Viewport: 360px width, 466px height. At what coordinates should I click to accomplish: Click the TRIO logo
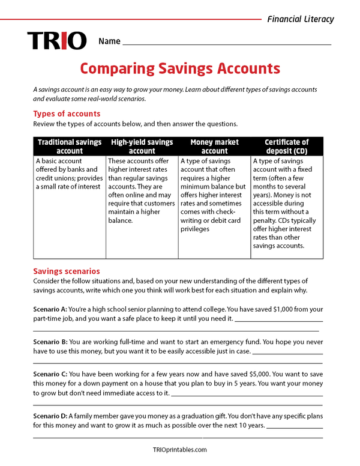[57, 41]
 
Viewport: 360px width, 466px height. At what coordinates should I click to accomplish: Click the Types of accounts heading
[67, 113]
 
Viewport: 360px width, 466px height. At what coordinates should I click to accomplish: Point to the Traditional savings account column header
[70, 147]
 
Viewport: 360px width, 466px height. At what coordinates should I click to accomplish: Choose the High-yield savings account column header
[142, 147]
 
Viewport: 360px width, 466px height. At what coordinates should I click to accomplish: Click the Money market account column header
[214, 147]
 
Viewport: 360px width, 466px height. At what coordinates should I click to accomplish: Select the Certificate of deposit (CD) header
[287, 147]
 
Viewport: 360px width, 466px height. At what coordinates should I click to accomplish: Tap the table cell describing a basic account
[70, 174]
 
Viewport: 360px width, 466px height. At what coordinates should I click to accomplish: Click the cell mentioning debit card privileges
[214, 195]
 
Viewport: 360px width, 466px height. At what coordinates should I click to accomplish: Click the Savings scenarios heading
[67, 271]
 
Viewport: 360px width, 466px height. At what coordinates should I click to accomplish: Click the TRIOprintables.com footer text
[179, 449]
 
